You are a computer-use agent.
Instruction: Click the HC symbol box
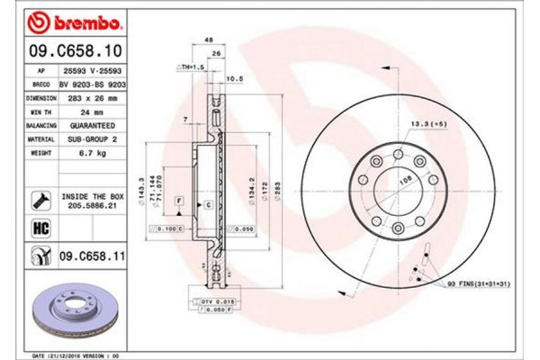coord(39,229)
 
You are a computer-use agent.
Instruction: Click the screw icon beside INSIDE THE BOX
coord(40,199)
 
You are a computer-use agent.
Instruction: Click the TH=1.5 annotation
coord(189,67)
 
